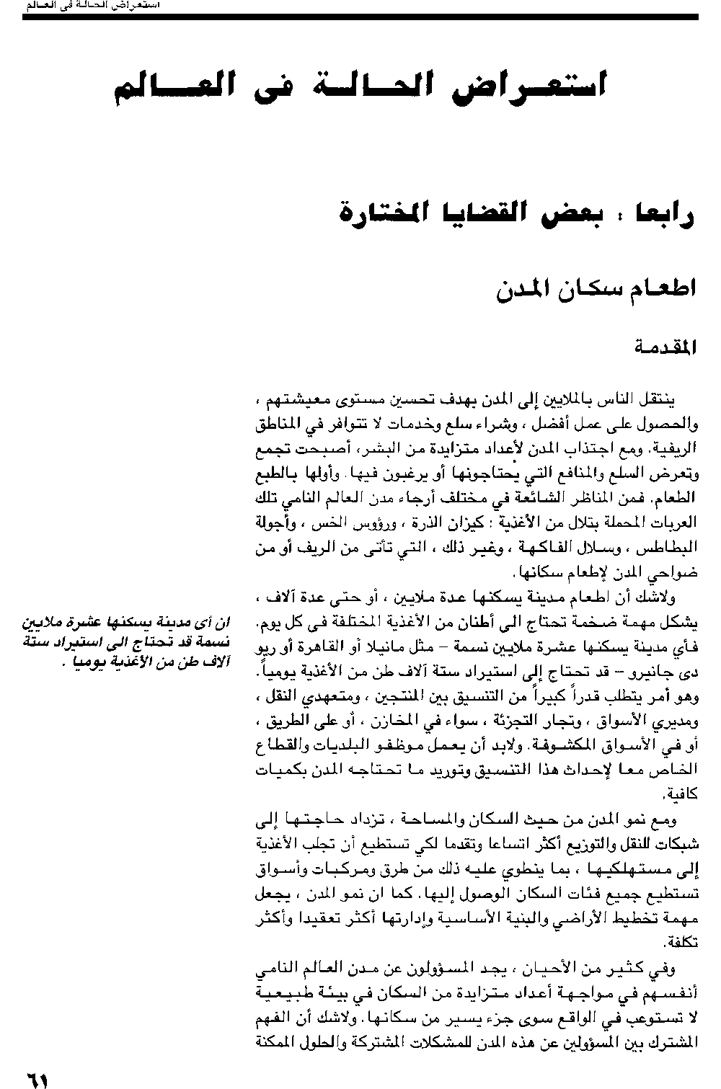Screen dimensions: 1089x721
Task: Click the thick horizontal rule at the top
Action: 360,17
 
